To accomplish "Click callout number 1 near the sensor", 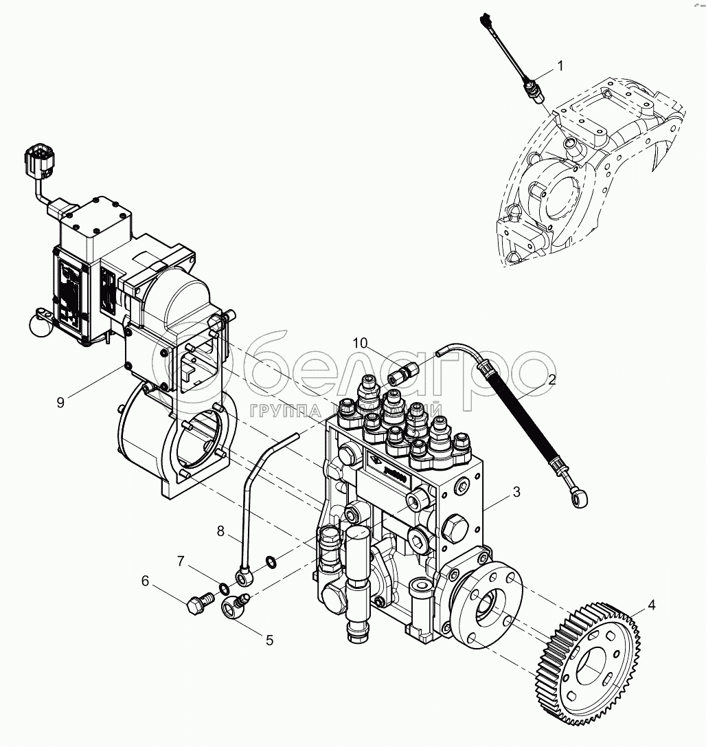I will click(560, 67).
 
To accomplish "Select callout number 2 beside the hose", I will click(551, 379).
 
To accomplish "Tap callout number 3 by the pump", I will click(516, 492).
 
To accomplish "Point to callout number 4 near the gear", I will click(651, 605).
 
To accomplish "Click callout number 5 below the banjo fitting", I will click(269, 640).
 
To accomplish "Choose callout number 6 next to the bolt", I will click(146, 581).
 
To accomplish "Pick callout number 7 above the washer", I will click(180, 561).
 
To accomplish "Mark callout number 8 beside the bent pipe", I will click(220, 531).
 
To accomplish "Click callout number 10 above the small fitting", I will click(361, 343).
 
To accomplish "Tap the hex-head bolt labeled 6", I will click(197, 603).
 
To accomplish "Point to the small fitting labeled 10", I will click(400, 375).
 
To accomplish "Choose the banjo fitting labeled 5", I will click(234, 607).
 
